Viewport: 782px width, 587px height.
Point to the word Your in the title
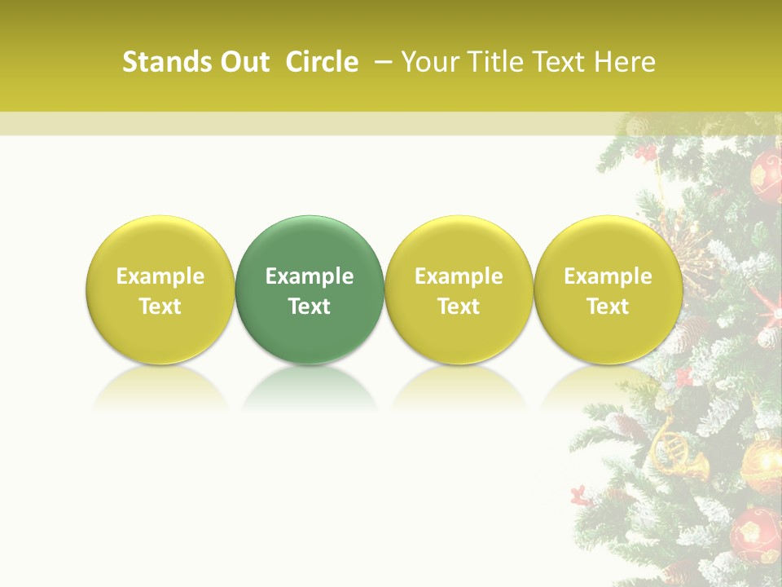(x=428, y=62)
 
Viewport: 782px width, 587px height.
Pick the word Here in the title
(x=625, y=62)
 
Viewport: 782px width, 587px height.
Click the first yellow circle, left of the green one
(x=160, y=289)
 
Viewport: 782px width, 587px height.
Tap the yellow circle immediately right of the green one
(x=459, y=289)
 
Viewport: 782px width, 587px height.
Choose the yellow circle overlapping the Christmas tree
(x=608, y=289)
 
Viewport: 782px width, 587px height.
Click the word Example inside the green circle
(x=310, y=276)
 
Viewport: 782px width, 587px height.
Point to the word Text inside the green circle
(x=310, y=307)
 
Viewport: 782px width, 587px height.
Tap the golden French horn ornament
(x=675, y=451)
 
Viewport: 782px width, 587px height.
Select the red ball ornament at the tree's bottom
(x=755, y=533)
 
